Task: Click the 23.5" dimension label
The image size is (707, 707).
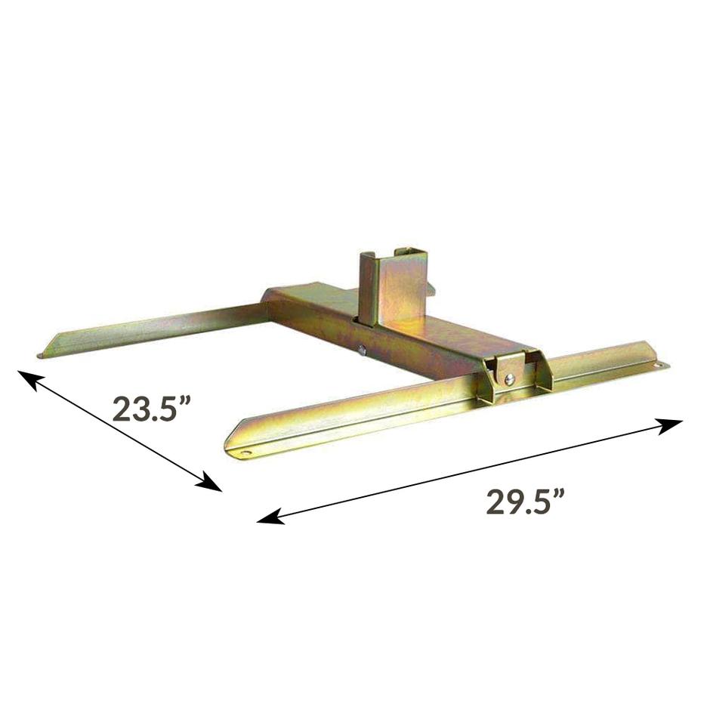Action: pos(150,409)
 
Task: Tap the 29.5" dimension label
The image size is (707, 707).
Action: pos(526,502)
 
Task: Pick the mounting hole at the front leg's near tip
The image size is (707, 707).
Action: pos(244,452)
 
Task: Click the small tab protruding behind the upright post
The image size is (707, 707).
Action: pos(431,288)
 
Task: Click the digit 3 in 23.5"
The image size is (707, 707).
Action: pos(138,409)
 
